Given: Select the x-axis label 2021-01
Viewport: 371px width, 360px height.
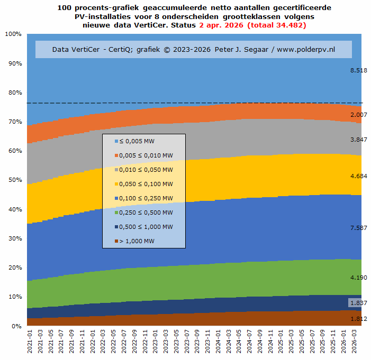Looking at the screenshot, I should pos(30,340).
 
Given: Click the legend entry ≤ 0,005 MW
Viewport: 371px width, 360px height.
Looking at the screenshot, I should pos(137,141).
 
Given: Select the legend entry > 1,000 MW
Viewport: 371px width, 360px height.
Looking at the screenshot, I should pos(135,241).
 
